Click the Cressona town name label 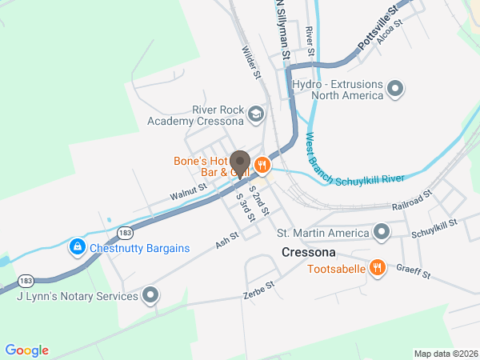coord(307,251)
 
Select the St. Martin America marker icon coord(382,233)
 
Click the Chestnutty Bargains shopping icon coord(77,247)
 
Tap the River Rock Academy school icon coord(255,113)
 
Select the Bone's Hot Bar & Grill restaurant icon coord(262,165)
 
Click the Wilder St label coord(253,61)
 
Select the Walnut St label coord(188,192)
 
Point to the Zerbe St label coord(258,290)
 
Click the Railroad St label coord(412,200)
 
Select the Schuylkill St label coord(434,228)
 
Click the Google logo coord(26,350)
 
